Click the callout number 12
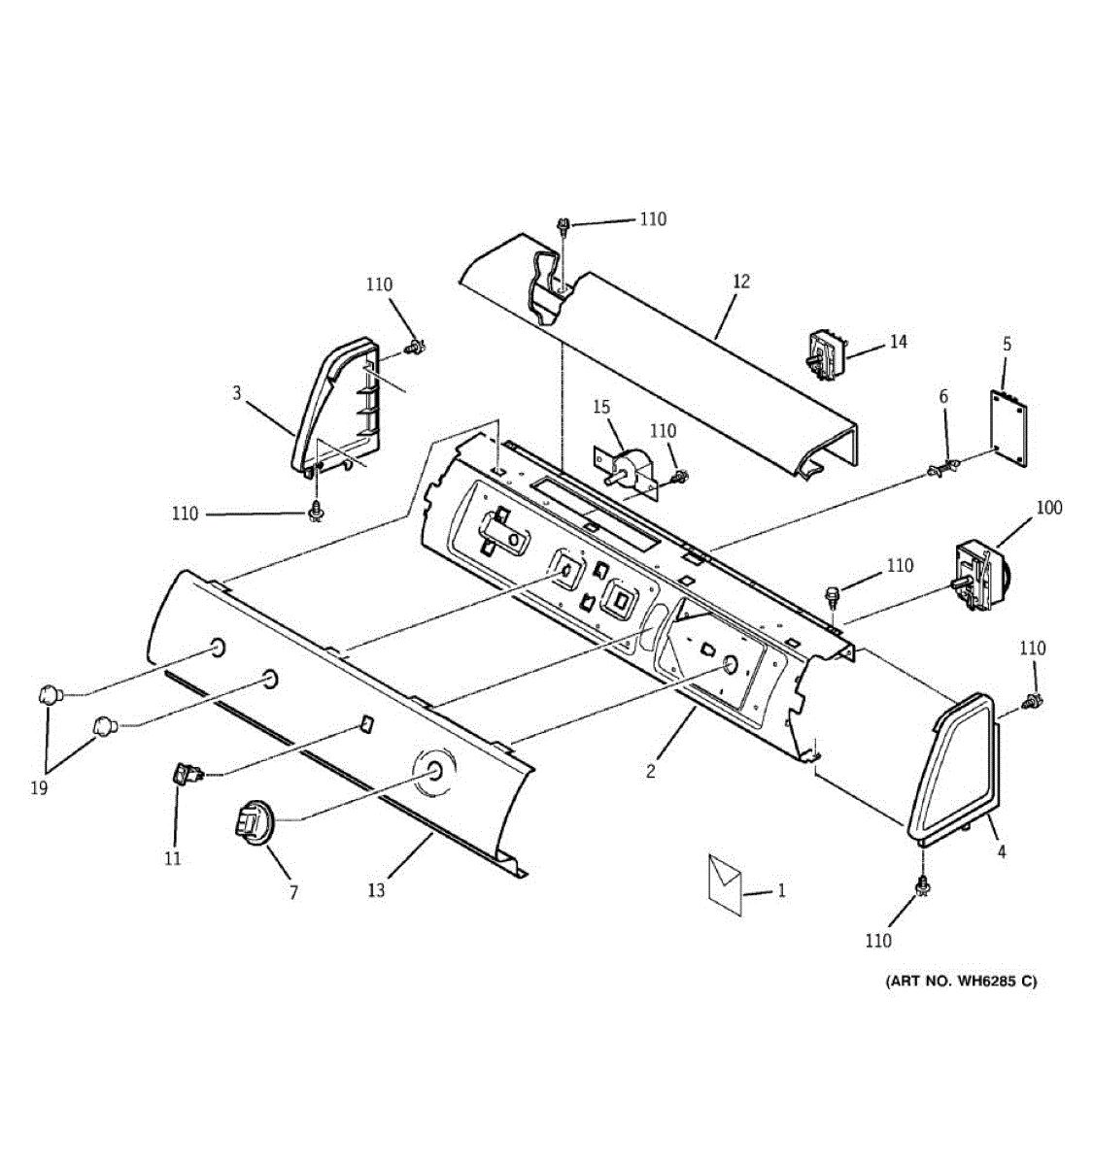tap(741, 282)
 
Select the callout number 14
tap(899, 342)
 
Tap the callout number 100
tap(1049, 508)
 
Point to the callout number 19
tap(39, 788)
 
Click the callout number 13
tap(376, 889)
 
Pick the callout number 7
tap(293, 891)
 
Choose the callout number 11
tap(173, 858)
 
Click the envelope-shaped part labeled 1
tap(725, 882)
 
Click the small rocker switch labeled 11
tap(187, 774)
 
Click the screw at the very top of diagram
tap(563, 227)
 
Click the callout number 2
tap(650, 772)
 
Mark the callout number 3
tap(236, 393)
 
